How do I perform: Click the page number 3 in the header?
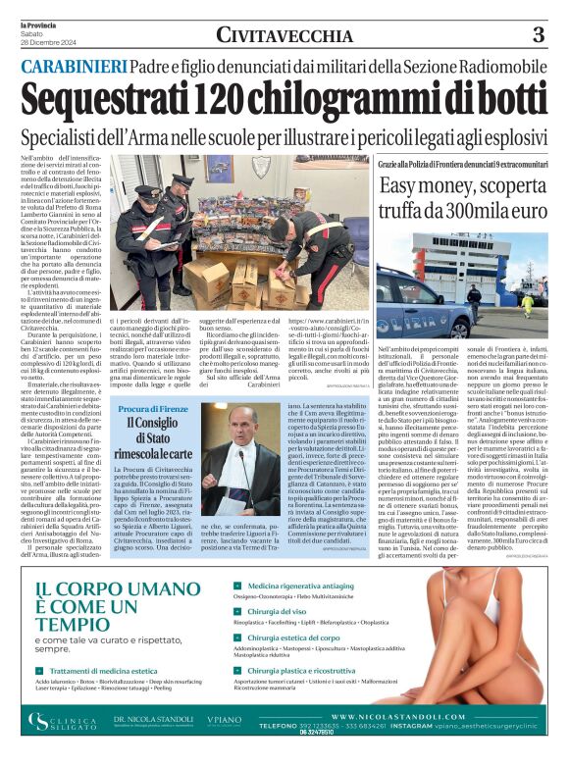(x=538, y=35)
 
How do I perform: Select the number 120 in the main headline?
(x=215, y=99)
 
